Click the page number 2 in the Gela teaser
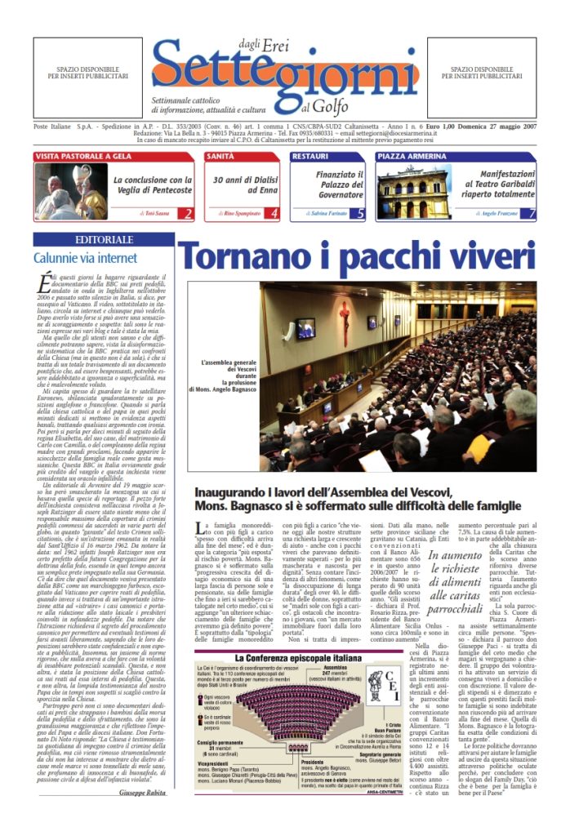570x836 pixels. coord(188,214)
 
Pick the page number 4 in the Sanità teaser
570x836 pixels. coord(274,214)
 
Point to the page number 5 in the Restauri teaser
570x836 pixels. coord(360,214)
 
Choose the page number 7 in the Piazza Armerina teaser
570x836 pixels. coord(532,214)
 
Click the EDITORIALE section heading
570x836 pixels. coord(104,240)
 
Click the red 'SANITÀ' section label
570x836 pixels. coord(221,155)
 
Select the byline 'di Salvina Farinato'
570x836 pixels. coord(323,213)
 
